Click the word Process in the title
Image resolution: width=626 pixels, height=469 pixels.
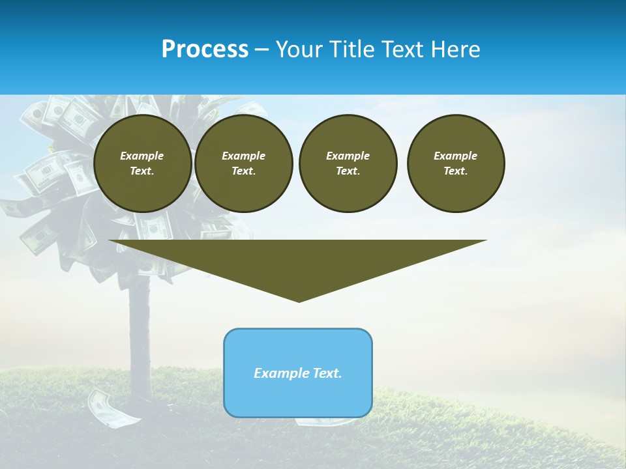[205, 50]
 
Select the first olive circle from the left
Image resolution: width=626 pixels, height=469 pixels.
[142, 163]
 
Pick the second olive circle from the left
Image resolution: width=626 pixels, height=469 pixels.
[243, 163]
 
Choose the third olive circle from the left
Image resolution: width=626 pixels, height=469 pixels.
[348, 163]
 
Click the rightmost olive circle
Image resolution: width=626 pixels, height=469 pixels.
[456, 163]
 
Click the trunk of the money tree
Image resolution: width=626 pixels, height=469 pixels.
[139, 326]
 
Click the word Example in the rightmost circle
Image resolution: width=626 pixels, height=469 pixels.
[456, 156]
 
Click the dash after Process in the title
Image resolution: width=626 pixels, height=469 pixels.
[261, 50]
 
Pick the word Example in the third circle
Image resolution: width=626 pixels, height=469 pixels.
[348, 156]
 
